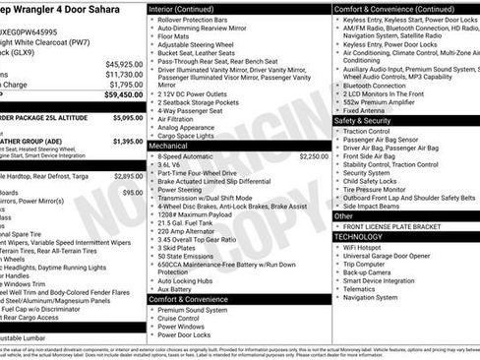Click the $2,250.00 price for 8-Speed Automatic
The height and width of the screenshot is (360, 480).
tap(313, 155)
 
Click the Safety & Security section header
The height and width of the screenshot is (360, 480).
tap(362, 121)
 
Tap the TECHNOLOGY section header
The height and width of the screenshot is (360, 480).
tap(358, 237)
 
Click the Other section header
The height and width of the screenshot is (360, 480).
tap(344, 215)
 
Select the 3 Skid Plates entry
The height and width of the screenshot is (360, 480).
tap(178, 247)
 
